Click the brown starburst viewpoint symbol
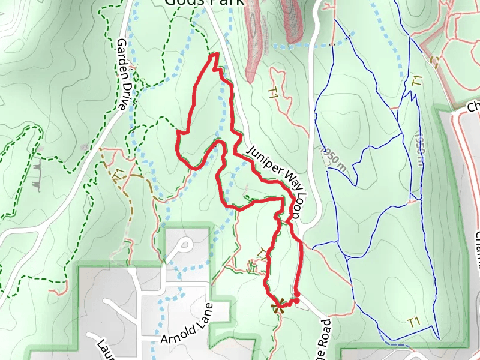pyautogui.click(x=277, y=307)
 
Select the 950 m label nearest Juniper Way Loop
pyautogui.click(x=334, y=157)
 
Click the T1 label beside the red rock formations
pyautogui.click(x=274, y=93)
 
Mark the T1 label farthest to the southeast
pyautogui.click(x=413, y=322)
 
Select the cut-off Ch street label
pyautogui.click(x=473, y=107)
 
